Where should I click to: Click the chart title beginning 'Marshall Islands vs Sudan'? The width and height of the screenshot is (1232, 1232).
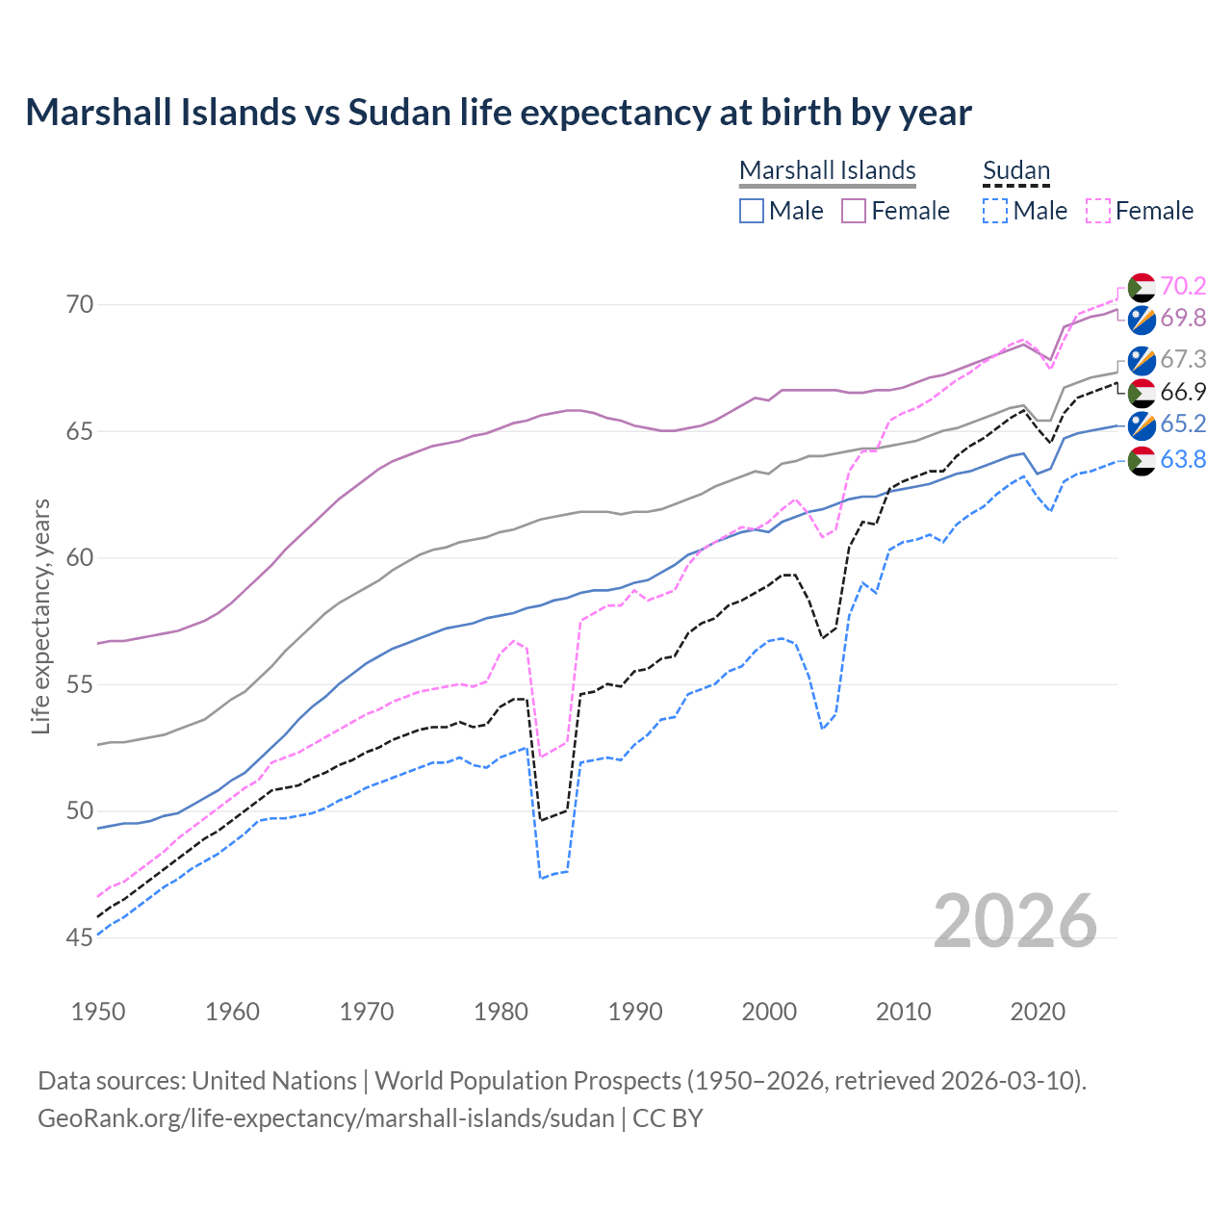click(499, 113)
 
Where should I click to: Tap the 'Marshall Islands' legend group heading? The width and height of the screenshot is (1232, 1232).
click(827, 170)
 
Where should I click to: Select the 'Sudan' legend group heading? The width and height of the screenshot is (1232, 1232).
click(1015, 170)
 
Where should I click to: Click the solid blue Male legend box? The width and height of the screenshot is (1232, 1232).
click(752, 211)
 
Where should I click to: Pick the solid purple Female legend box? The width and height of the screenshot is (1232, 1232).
click(854, 211)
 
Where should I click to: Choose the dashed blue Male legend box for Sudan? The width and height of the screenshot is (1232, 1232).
click(995, 211)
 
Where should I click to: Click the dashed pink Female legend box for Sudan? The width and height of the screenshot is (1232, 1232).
click(1098, 211)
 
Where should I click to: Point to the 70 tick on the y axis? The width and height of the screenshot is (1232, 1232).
click(80, 305)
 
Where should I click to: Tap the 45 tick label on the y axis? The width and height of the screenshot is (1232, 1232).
click(80, 937)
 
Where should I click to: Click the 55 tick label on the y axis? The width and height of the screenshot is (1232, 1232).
click(80, 684)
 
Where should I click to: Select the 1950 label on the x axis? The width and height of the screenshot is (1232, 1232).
click(98, 1012)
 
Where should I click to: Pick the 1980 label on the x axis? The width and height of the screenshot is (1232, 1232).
click(500, 1012)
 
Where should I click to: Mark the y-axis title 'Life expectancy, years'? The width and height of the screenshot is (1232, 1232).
click(40, 616)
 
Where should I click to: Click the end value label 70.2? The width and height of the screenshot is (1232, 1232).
click(1183, 286)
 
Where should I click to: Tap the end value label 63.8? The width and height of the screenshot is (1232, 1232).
click(1183, 460)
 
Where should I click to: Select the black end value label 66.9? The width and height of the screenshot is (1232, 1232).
click(1183, 392)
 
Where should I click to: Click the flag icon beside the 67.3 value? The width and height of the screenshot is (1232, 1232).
click(1142, 360)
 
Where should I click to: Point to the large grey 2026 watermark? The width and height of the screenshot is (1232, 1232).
click(1015, 921)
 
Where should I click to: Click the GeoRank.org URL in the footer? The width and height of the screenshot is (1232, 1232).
click(325, 1118)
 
